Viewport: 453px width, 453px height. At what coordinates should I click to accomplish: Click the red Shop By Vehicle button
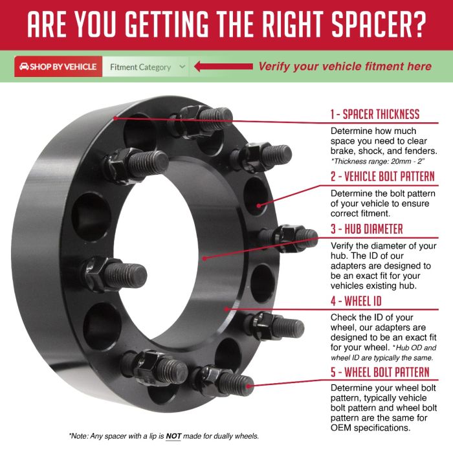pos(58,67)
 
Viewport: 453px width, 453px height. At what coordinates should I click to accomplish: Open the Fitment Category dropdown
pos(146,67)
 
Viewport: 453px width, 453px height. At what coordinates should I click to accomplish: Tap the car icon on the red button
pos(24,67)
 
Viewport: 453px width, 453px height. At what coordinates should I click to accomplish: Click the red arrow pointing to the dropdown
pos(223,67)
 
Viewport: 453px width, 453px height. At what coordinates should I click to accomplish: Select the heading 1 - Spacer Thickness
pos(375,114)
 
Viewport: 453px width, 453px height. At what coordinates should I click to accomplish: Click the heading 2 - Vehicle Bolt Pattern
pos(382,176)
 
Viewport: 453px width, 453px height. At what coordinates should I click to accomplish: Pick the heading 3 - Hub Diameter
pos(367,229)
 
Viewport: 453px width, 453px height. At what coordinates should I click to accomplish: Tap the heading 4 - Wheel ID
pos(356,301)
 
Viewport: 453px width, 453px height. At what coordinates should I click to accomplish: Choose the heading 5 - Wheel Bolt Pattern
pos(380,372)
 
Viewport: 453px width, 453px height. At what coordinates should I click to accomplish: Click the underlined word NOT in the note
pos(173,436)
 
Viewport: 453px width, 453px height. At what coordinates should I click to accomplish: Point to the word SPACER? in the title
pos(379,24)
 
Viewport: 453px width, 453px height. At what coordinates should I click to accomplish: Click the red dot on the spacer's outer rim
pos(115,118)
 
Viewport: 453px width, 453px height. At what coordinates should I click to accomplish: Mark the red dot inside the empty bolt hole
pos(259,206)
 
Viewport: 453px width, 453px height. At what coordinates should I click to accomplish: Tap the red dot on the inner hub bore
pos(204,258)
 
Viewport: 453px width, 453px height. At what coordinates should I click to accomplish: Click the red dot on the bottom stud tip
pos(249,386)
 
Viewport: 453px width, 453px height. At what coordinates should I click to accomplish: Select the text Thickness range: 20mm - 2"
pos(378,161)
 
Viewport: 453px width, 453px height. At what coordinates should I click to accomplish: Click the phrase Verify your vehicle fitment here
pos(345,67)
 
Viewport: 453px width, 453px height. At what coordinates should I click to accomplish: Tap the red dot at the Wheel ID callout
pos(226,309)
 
